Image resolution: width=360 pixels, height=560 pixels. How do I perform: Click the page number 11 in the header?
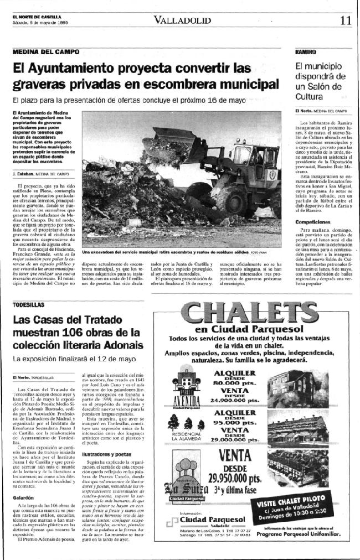(346, 20)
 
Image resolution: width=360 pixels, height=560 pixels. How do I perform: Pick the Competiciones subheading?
(312, 221)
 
